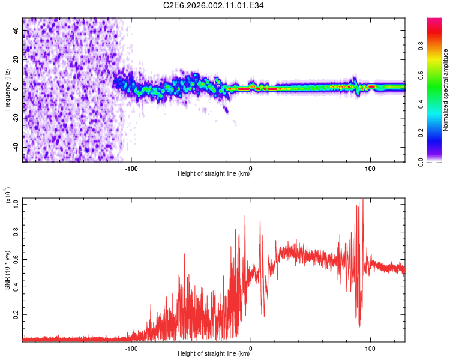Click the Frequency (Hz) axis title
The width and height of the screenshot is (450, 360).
(x=7, y=90)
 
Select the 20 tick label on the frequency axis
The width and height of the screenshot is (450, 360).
(x=16, y=59)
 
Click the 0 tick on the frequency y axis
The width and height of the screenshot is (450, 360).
(x=16, y=88)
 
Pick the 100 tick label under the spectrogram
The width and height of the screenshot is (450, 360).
(x=370, y=168)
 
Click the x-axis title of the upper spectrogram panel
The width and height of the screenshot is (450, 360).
(x=214, y=174)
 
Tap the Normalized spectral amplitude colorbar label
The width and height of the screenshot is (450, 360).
(x=445, y=90)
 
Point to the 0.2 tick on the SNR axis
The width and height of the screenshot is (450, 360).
(x=16, y=314)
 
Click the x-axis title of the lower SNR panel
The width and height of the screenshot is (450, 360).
(x=214, y=354)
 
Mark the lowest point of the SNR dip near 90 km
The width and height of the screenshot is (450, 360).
(x=359, y=326)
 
